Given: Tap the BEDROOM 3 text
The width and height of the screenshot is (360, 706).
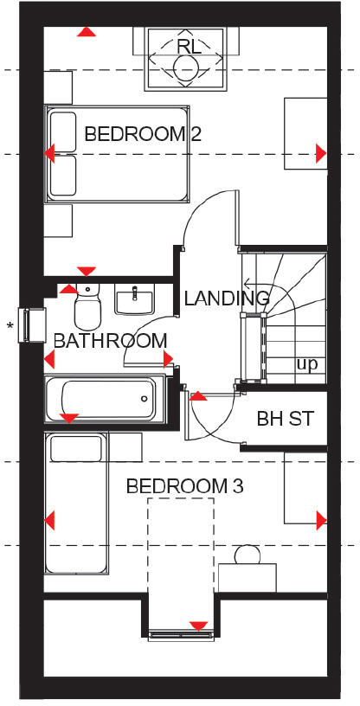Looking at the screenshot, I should coord(184,486).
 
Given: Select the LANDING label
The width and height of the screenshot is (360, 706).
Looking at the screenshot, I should coord(227,298).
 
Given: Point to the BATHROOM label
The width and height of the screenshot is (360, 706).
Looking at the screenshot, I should coord(110,341).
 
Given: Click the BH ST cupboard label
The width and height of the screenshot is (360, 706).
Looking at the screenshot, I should coord(285,419).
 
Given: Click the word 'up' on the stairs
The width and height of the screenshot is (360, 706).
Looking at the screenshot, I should coord(306,364).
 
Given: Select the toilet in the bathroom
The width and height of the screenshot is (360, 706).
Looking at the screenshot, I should coord(87,306).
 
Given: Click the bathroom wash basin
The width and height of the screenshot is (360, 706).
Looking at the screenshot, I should coord(134,300).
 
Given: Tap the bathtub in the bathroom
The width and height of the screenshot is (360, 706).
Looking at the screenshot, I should coord(105,399).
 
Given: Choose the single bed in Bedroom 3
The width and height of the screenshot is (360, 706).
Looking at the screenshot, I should coord(78,506).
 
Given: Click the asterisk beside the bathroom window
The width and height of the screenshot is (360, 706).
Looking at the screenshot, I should coord(10,325).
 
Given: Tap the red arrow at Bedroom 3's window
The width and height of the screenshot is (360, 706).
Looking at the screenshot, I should coord(198,626).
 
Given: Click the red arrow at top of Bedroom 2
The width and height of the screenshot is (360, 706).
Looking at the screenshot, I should coord(86,32).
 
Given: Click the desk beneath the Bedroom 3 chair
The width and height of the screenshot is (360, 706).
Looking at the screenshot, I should coord(247,577).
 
